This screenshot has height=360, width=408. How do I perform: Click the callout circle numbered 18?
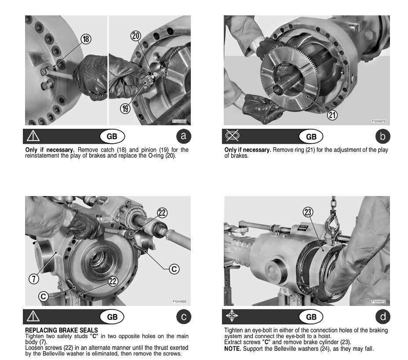(86, 39)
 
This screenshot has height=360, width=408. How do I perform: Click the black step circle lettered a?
(183, 136)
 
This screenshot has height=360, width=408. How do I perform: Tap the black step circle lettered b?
(382, 136)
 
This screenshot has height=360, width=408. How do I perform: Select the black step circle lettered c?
(183, 316)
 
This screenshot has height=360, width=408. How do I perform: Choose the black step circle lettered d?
(382, 316)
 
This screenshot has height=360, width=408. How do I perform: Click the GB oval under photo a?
(112, 136)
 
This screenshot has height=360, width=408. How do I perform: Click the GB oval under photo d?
(311, 316)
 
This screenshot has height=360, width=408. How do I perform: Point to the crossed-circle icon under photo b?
(232, 136)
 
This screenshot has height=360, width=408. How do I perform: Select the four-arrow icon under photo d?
(232, 316)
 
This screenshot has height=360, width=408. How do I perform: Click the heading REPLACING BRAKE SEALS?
(62, 330)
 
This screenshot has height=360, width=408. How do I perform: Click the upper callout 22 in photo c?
(162, 213)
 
